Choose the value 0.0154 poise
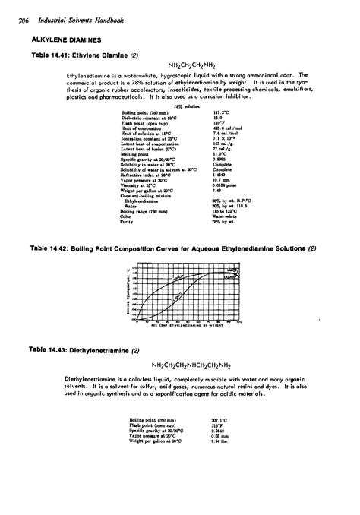coord(224,185)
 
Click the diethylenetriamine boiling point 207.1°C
coord(220,419)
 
